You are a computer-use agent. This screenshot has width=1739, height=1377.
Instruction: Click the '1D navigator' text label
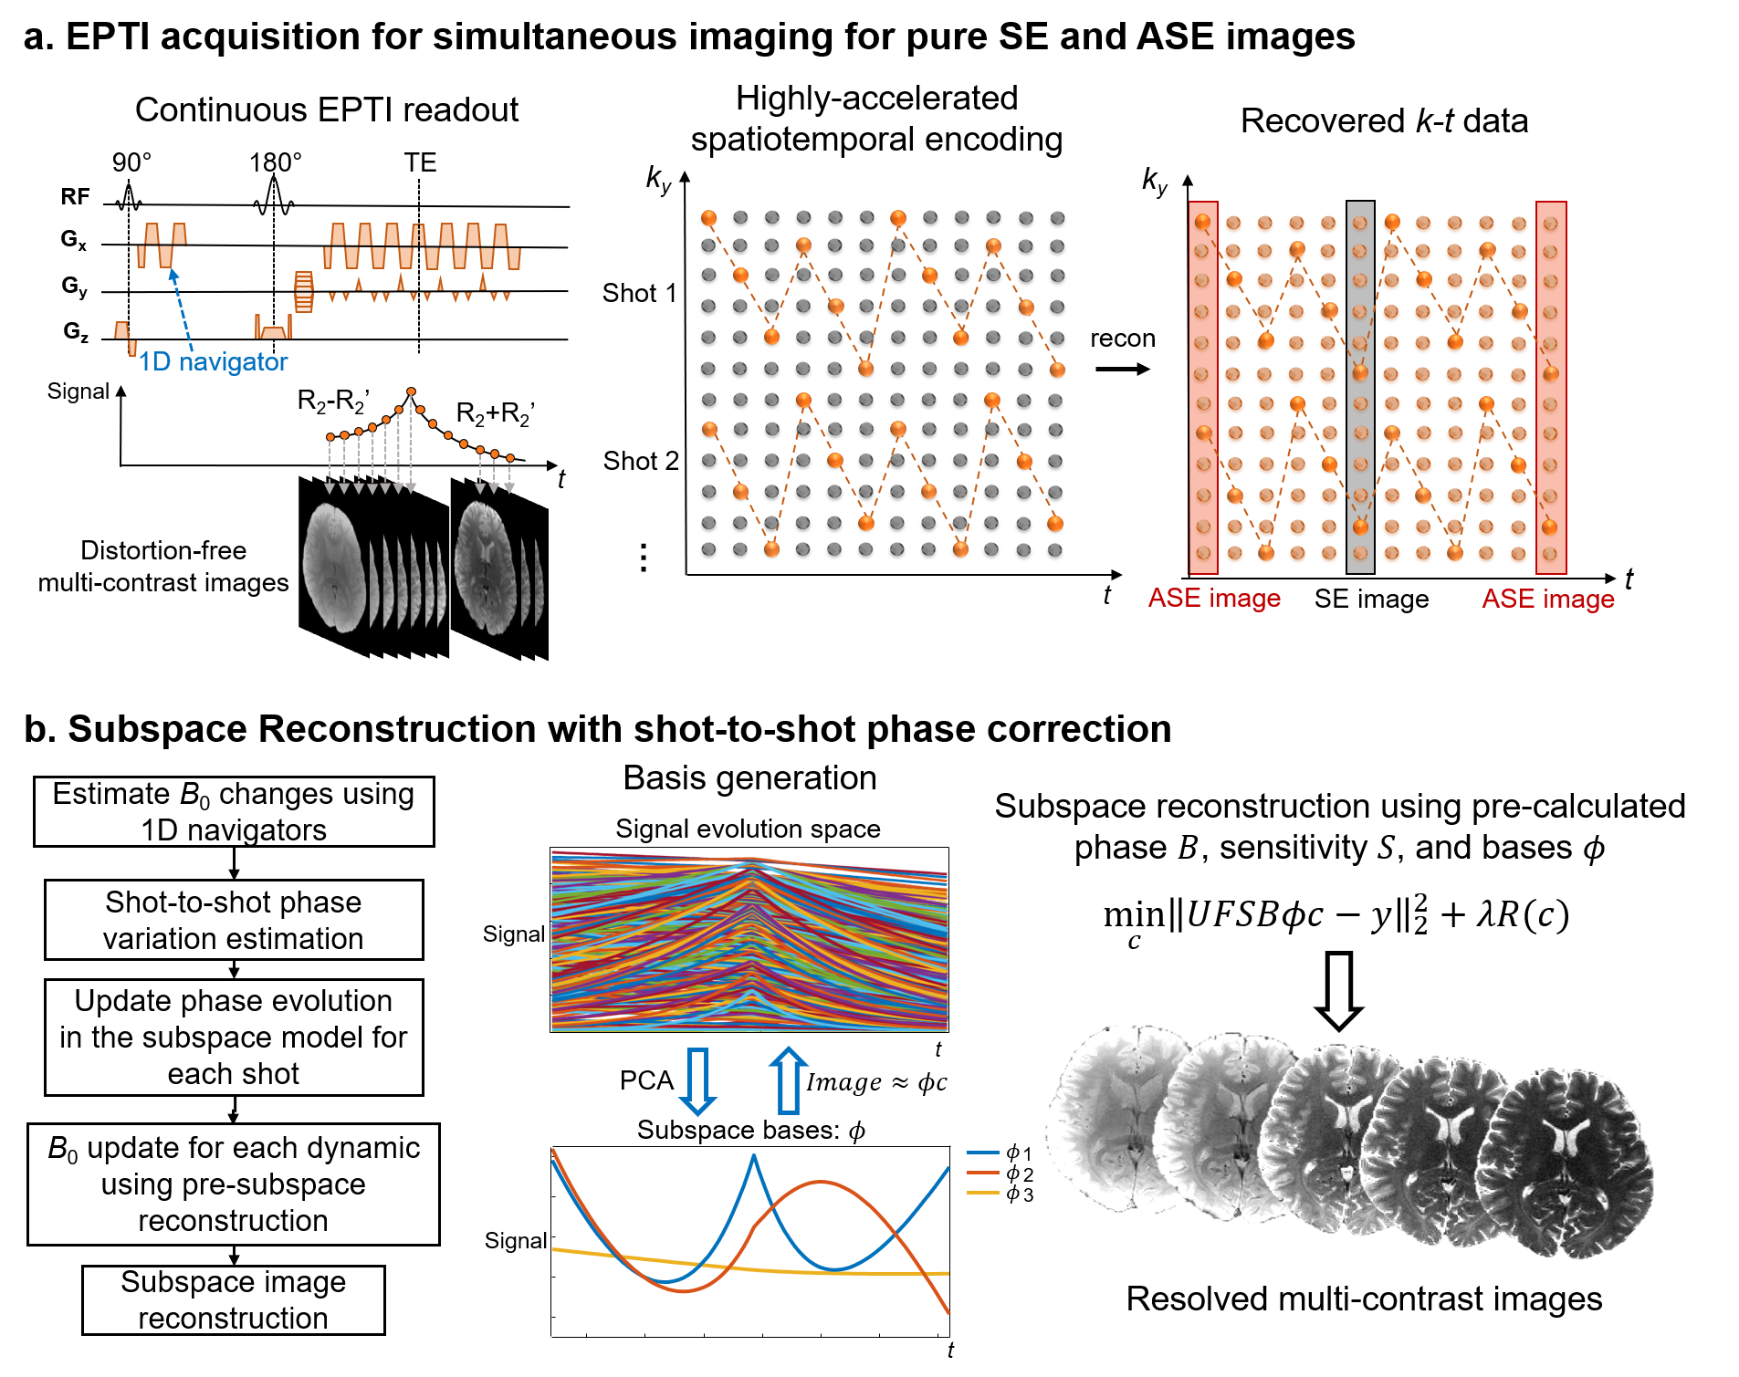[214, 362]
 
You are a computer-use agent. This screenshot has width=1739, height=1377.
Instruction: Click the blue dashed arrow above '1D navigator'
[183, 310]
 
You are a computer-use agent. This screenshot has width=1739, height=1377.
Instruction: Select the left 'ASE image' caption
[1214, 599]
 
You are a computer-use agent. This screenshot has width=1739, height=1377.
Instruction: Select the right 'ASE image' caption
[1548, 600]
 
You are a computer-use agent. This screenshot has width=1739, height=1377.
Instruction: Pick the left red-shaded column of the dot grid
[1203, 388]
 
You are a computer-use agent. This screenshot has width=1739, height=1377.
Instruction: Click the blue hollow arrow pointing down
[698, 1081]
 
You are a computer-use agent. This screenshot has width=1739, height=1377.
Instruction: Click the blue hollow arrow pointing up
[789, 1081]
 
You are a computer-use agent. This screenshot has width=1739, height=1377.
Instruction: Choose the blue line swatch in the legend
[983, 1153]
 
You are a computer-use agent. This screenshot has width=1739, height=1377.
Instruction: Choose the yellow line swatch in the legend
[983, 1193]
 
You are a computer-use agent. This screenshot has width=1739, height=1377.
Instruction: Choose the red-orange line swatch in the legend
[983, 1173]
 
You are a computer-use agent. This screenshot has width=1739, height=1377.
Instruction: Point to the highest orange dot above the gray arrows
[412, 391]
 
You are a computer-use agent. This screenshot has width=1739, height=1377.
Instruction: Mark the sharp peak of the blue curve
[754, 1156]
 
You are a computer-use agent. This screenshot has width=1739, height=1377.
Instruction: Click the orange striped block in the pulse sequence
[304, 291]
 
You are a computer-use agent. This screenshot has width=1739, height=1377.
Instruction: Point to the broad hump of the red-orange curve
[822, 1183]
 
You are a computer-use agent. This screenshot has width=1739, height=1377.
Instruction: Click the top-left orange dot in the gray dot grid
[709, 218]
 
